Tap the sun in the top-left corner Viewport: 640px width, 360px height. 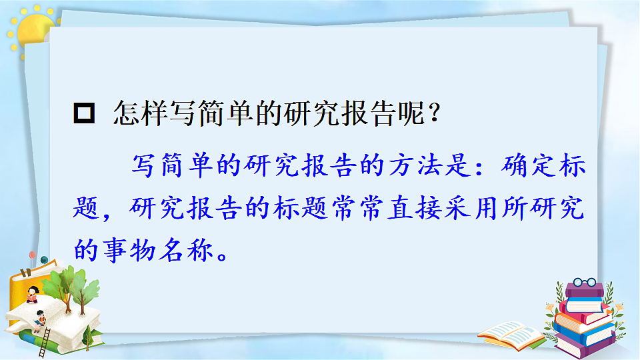33,31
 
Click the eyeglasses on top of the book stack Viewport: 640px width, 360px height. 583,283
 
